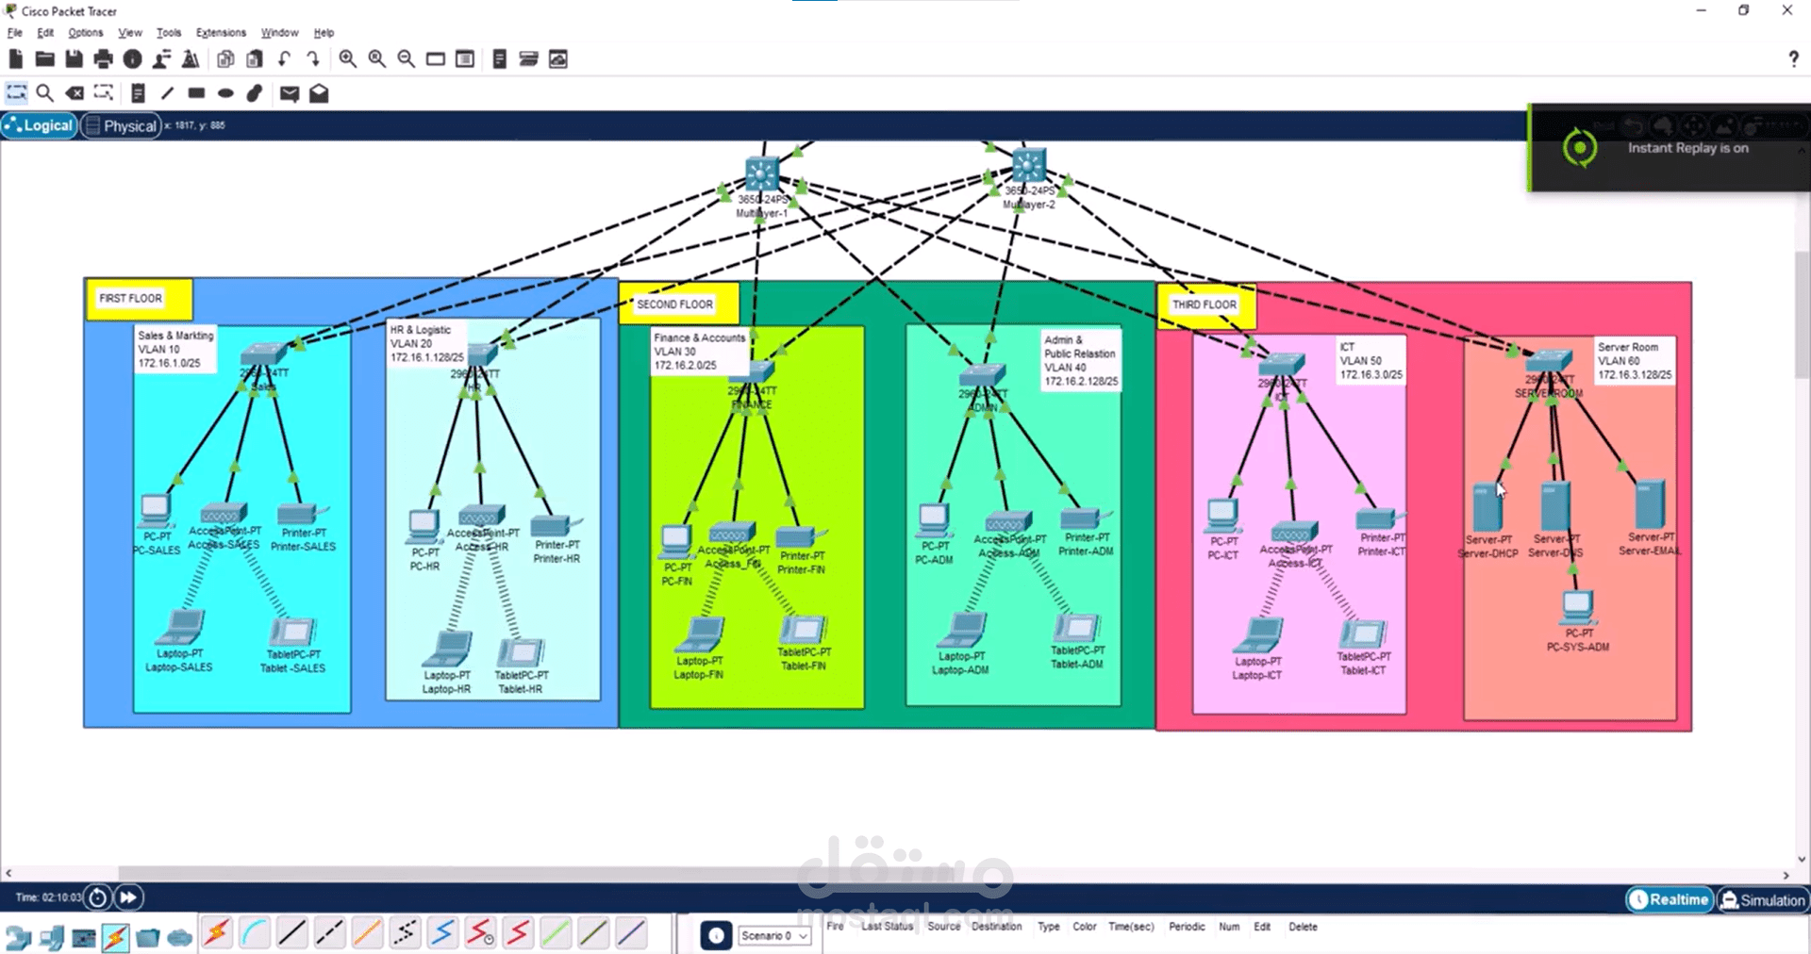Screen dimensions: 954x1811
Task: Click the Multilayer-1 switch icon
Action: (761, 174)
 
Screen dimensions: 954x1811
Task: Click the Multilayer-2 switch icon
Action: (1028, 166)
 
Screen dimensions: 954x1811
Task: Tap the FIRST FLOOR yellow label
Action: (131, 298)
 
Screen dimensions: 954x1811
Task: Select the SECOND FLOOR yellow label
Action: (674, 304)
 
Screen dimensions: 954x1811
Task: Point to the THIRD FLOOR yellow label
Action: (1204, 304)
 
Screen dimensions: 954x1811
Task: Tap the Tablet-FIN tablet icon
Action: (803, 629)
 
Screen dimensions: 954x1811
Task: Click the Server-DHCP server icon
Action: (1487, 507)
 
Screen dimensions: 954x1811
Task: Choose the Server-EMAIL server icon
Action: (1650, 504)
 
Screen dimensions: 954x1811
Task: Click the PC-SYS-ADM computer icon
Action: (1577, 606)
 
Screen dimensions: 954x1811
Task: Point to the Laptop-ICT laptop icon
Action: (1258, 635)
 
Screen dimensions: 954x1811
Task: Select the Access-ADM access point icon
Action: (1006, 522)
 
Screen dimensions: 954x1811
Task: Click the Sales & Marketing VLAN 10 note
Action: (175, 349)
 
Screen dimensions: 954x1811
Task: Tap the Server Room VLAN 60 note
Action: (1634, 361)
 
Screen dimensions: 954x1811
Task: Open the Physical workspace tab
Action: (120, 125)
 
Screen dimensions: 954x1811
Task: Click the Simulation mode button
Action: (1763, 900)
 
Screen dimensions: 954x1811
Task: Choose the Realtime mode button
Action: (1669, 899)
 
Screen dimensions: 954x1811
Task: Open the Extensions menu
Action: (221, 32)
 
